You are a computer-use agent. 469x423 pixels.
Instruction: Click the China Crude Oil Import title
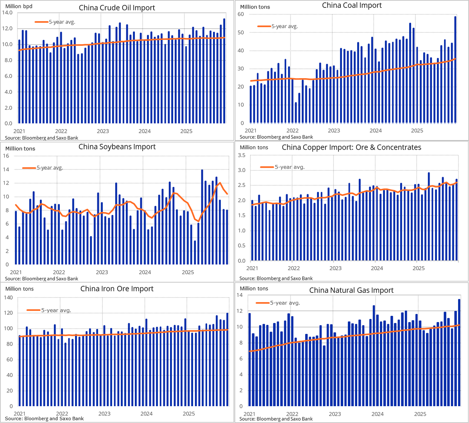coord(117,7)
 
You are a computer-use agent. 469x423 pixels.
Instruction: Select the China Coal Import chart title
coord(352,5)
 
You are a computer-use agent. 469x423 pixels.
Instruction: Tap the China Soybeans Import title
coord(117,147)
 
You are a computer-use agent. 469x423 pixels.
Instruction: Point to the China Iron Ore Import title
coord(117,289)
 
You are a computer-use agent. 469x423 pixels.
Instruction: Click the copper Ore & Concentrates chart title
coord(351,147)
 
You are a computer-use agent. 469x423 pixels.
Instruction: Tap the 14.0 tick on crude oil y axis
coord(7,13)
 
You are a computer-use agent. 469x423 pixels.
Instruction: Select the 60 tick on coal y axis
coord(241,14)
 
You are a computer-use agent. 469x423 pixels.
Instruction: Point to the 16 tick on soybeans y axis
coord(6,156)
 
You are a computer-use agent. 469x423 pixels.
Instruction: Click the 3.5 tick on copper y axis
coord(242,156)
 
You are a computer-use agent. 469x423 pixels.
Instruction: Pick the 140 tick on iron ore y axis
coord(8,298)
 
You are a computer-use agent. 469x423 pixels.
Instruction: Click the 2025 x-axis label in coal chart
coord(417,130)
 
